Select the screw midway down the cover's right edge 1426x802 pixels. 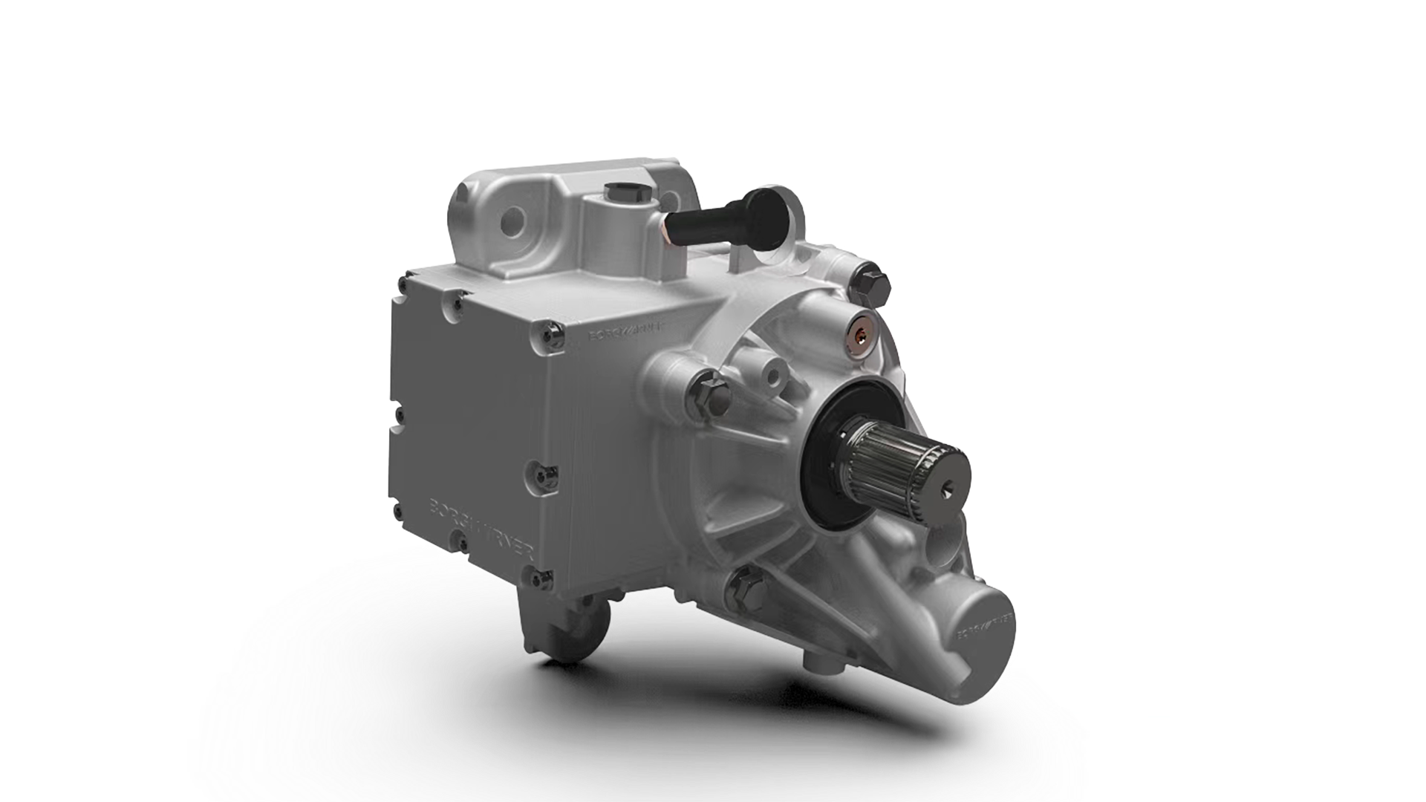(541, 470)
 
